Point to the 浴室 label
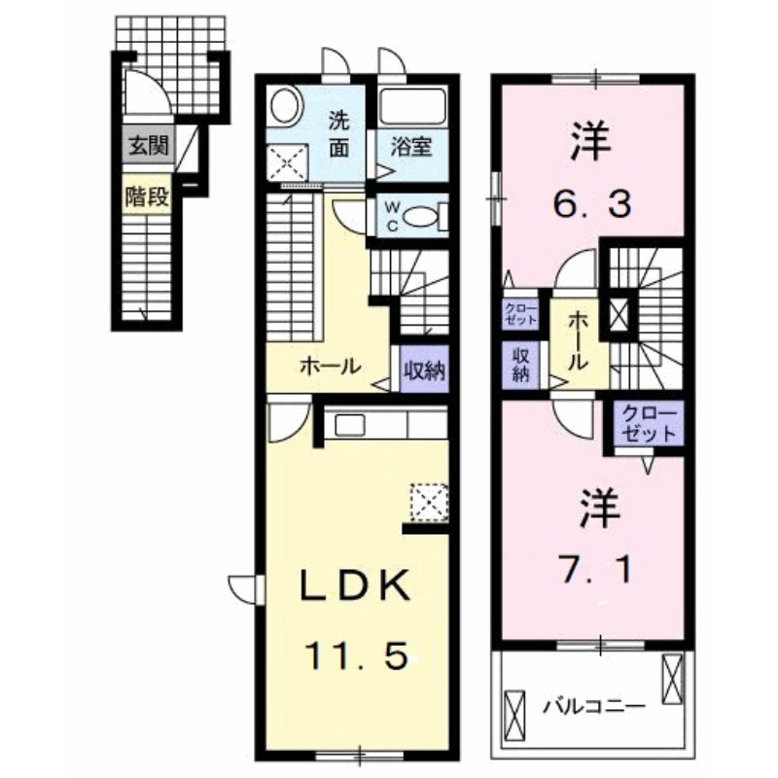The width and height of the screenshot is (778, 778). point(411,148)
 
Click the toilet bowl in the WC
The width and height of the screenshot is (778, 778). point(422,218)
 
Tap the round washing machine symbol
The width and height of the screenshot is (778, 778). point(285,105)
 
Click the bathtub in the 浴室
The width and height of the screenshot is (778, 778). point(410,107)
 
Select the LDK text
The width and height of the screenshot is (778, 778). point(352,586)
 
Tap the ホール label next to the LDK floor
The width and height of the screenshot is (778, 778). point(331,368)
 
